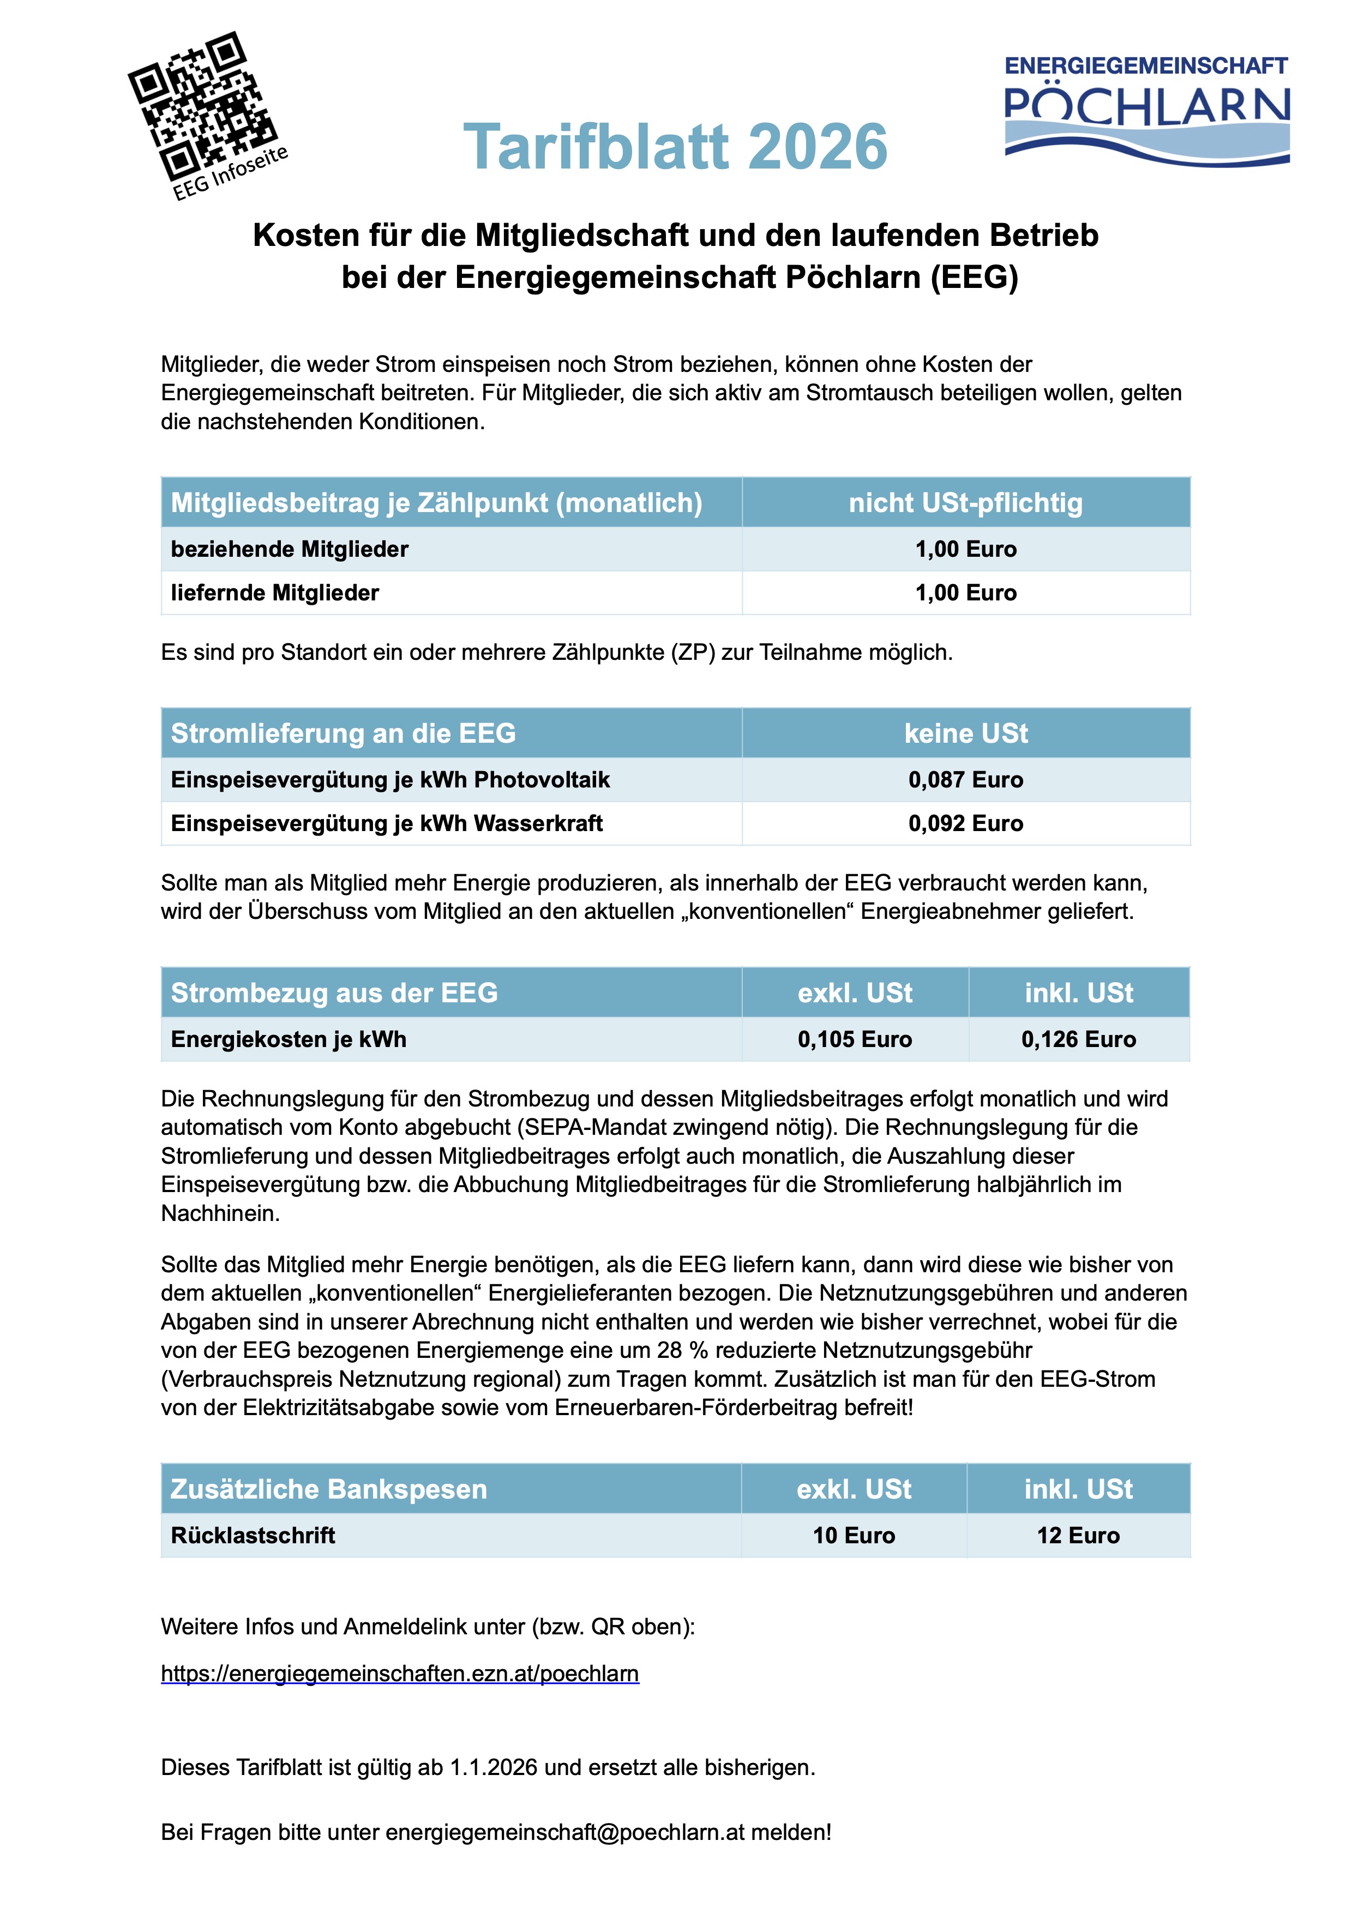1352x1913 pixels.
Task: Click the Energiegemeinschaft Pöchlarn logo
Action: (1146, 109)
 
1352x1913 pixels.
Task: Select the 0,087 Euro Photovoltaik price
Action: (965, 780)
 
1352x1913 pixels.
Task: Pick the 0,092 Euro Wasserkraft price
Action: (965, 823)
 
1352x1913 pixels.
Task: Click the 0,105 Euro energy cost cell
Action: (855, 1039)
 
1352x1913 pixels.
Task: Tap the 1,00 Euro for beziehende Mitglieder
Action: (965, 549)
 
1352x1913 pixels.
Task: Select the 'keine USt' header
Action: (965, 733)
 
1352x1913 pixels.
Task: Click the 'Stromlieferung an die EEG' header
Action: (343, 733)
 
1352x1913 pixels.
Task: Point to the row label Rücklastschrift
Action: (253, 1536)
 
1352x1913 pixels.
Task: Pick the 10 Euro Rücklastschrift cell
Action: (854, 1536)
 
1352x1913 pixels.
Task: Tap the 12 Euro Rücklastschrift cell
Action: (1078, 1536)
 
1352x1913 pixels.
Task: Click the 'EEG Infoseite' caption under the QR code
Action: (231, 172)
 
